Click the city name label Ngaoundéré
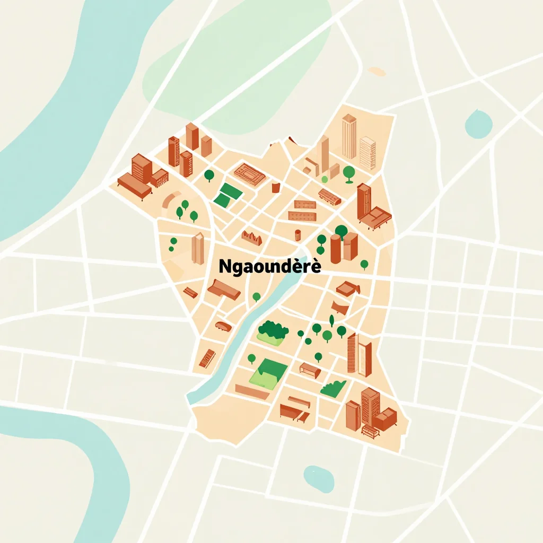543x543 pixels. click(x=270, y=266)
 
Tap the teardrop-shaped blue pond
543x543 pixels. click(x=478, y=124)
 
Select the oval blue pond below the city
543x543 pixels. click(x=318, y=478)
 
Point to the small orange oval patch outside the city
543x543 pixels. click(x=377, y=71)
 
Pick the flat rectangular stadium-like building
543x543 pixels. click(x=249, y=173)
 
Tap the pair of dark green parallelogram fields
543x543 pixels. click(x=226, y=194)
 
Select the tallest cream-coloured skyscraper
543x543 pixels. click(x=349, y=136)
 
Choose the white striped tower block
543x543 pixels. click(x=367, y=153)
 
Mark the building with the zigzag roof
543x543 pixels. click(x=252, y=238)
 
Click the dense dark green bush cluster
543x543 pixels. click(x=273, y=332)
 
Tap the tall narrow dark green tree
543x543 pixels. click(x=332, y=320)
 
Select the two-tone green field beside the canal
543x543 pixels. click(x=268, y=372)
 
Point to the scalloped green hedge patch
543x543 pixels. click(x=333, y=389)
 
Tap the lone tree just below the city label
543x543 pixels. click(x=257, y=296)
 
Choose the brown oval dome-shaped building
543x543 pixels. click(x=223, y=326)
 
